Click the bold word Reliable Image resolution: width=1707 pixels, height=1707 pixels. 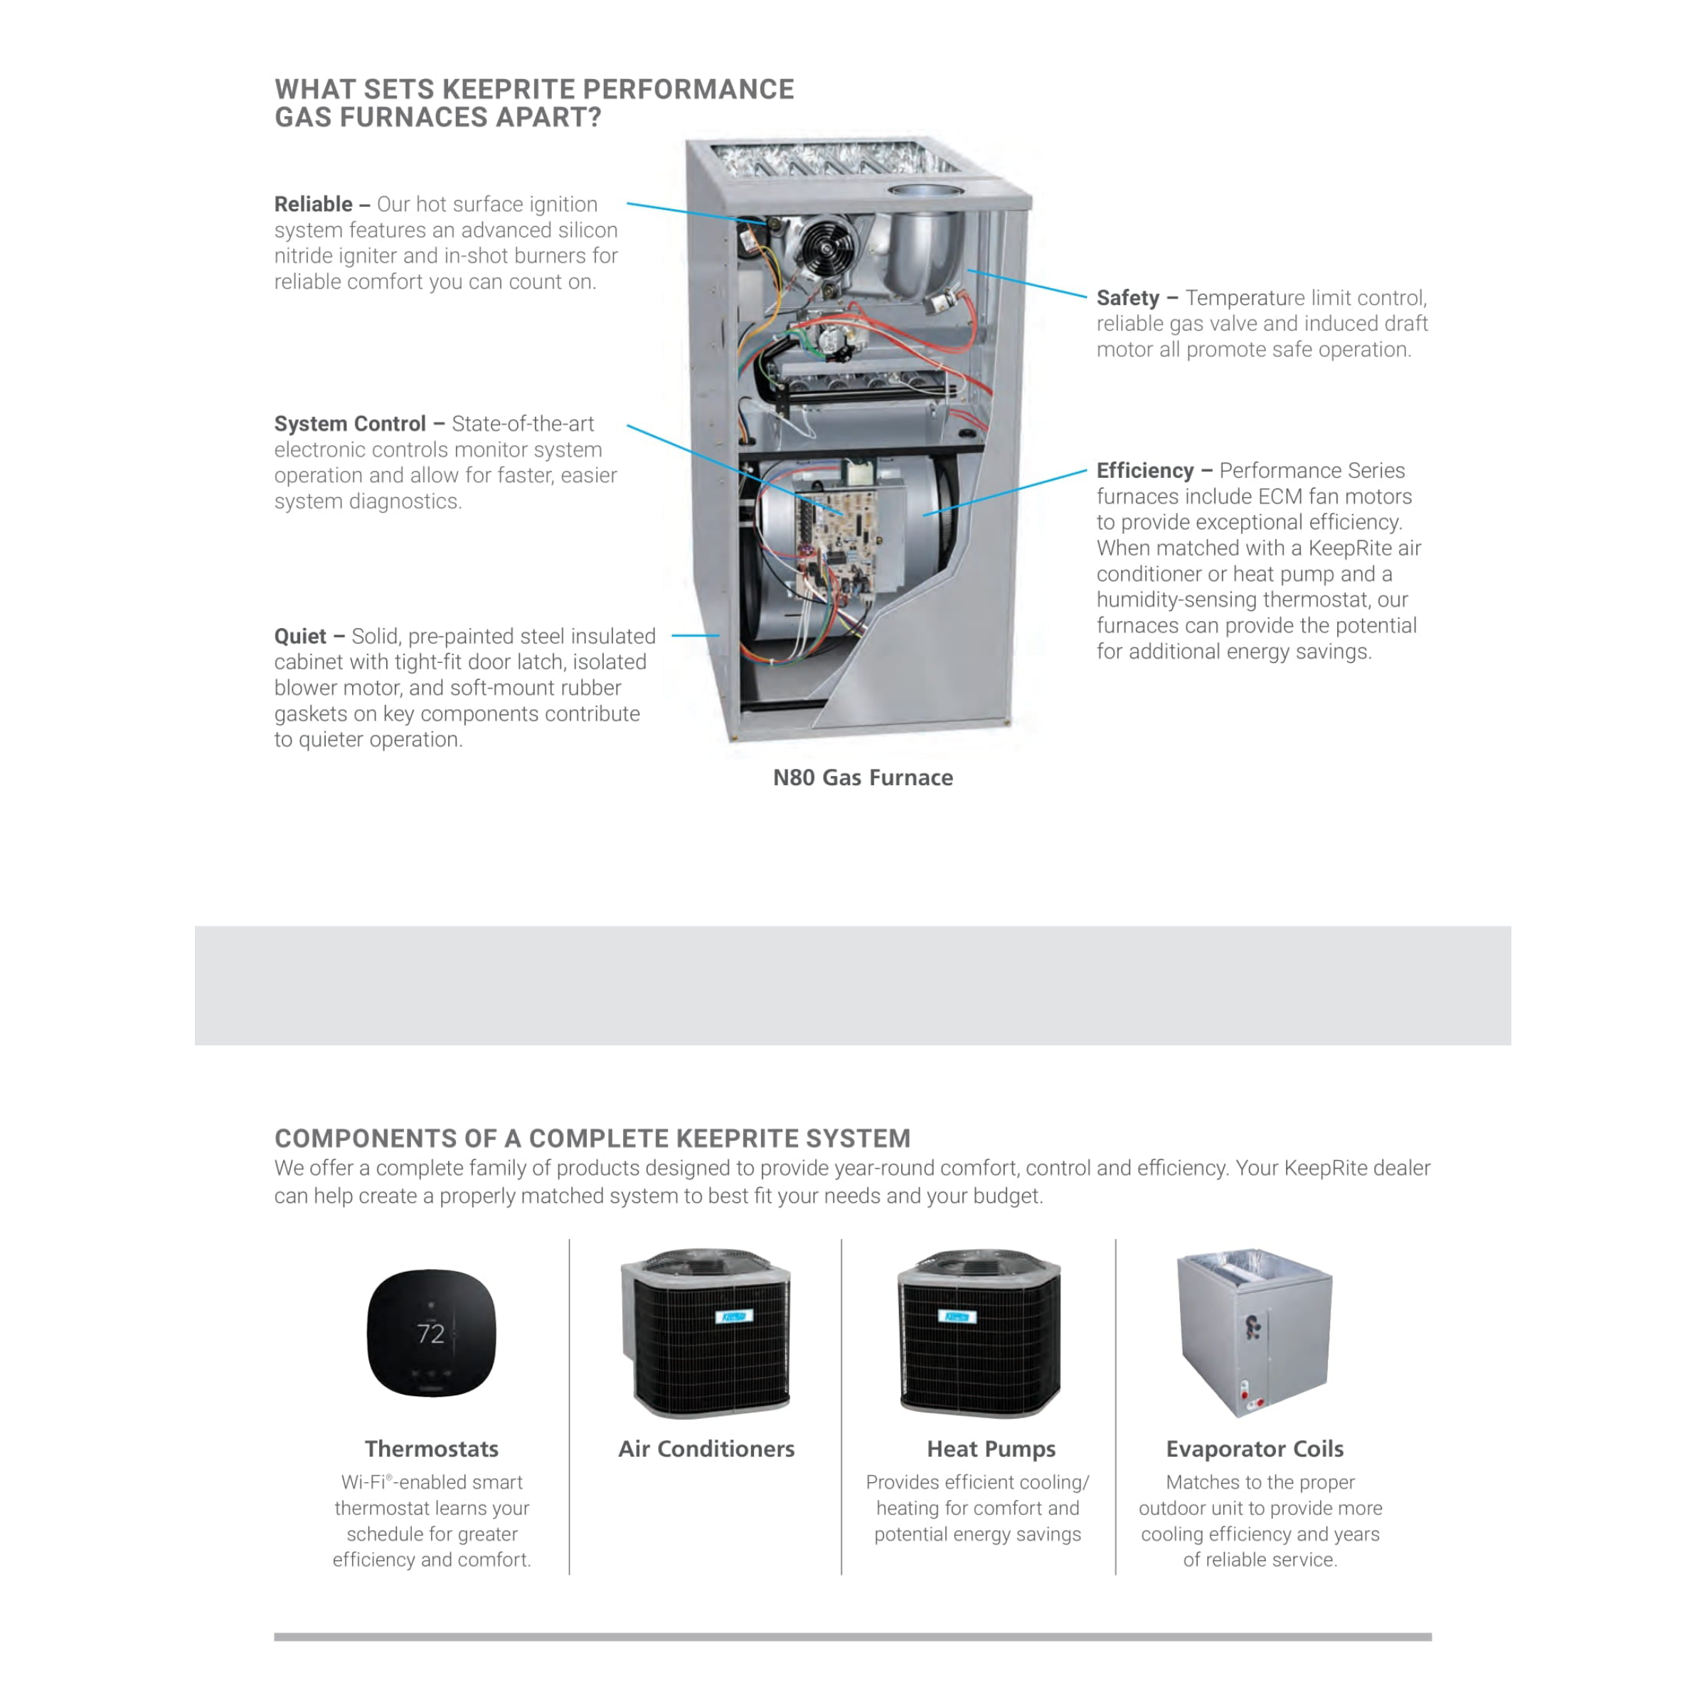(313, 204)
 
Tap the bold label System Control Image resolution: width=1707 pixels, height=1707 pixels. (350, 423)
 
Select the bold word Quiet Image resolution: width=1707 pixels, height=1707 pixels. (299, 636)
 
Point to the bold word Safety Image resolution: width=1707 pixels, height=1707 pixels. (1127, 298)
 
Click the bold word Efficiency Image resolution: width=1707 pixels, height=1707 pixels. (1144, 470)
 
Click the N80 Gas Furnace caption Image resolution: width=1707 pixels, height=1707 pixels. (862, 777)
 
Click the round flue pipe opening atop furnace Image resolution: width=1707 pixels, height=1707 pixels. (923, 191)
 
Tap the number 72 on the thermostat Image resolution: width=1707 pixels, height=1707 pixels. (430, 1334)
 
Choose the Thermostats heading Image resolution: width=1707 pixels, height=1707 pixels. (431, 1449)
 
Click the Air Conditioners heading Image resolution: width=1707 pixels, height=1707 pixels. (706, 1449)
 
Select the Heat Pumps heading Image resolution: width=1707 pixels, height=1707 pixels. (991, 1449)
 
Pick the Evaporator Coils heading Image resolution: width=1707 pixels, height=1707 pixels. (1254, 1449)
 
